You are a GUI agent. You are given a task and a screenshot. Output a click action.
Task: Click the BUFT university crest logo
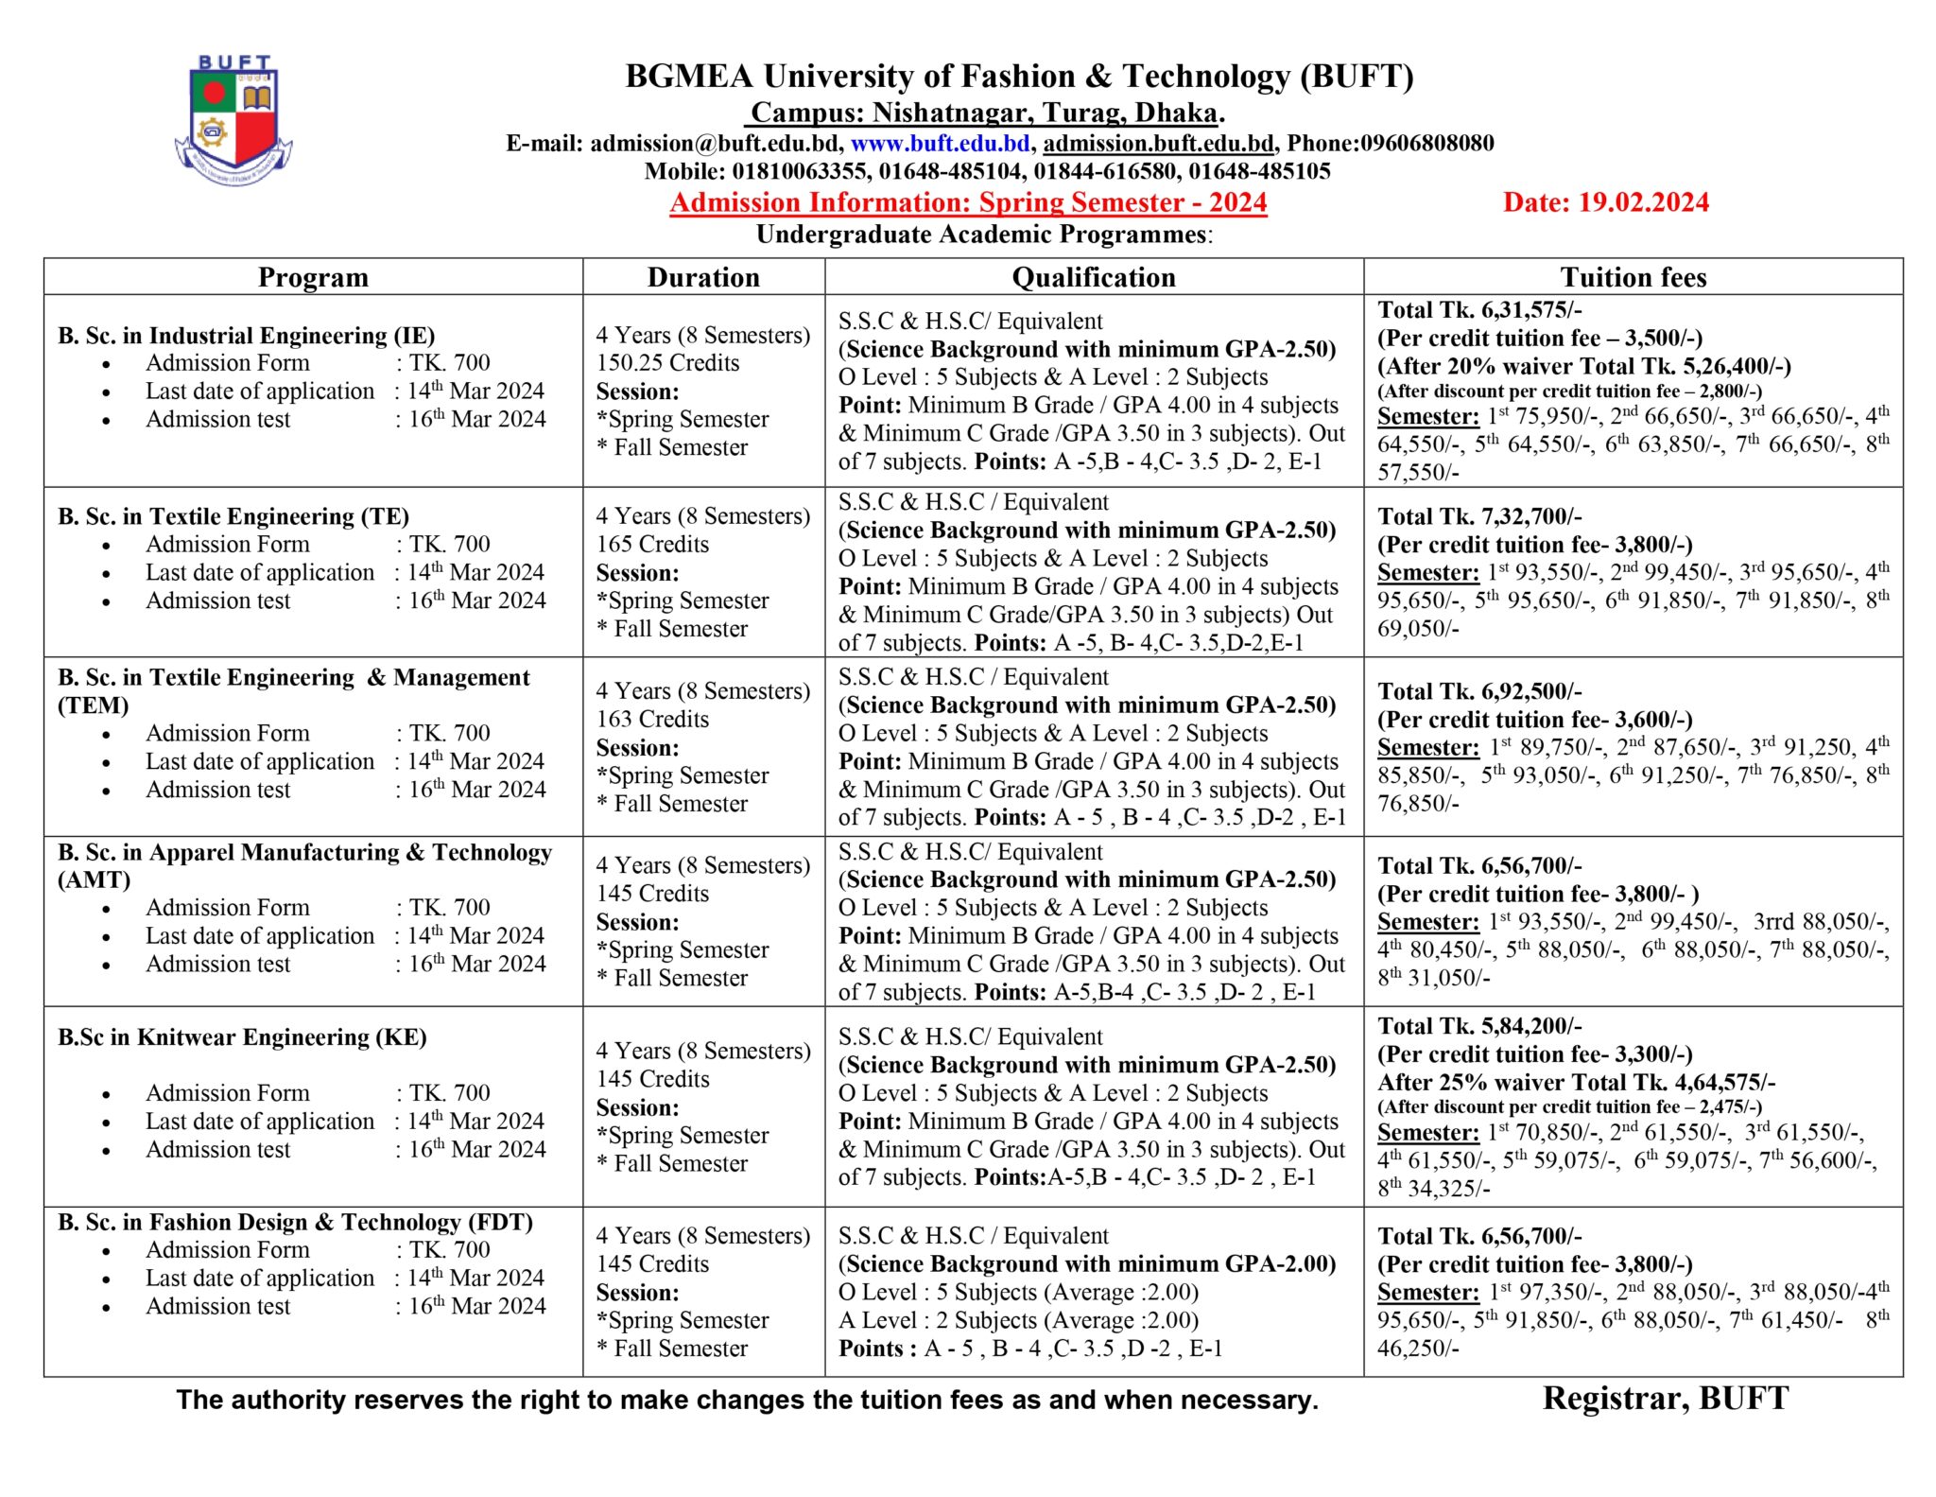(233, 120)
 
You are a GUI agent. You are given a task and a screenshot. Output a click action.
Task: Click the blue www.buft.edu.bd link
(940, 144)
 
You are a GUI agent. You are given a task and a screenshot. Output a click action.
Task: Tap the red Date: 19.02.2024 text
(1605, 202)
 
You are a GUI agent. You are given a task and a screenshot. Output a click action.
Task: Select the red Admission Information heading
(968, 202)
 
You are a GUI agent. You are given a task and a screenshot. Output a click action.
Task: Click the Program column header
(313, 277)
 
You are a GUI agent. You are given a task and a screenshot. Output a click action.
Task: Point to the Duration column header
(703, 277)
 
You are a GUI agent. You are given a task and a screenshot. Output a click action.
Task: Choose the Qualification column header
(1094, 277)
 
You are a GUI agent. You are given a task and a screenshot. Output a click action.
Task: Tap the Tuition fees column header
(1633, 277)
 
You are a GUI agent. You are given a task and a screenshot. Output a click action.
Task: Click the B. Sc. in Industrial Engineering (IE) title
(247, 336)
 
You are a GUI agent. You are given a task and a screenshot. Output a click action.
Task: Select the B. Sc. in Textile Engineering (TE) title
(233, 516)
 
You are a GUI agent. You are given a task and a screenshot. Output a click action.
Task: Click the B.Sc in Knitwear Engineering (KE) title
(242, 1037)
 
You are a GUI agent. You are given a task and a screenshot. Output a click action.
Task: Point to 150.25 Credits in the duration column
(667, 363)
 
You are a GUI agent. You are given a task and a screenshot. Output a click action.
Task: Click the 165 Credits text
(652, 545)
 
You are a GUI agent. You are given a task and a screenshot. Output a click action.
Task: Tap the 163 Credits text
(652, 720)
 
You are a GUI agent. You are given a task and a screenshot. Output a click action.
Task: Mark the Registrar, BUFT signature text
(1666, 1399)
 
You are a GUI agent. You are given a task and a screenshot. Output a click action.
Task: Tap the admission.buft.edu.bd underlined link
(1158, 144)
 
